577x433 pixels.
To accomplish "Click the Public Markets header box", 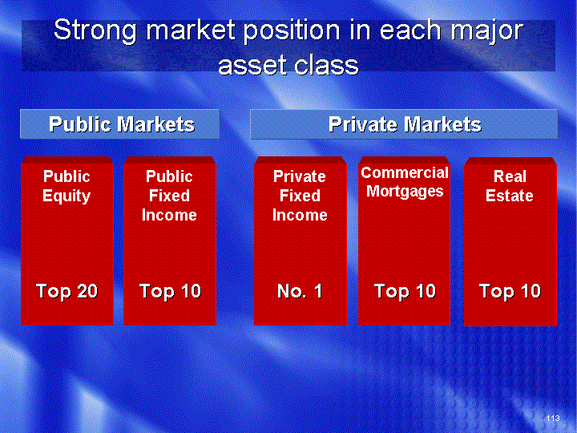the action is coord(120,124).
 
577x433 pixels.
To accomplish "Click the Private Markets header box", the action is coord(404,124).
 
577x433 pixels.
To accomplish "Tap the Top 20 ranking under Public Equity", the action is coord(67,291).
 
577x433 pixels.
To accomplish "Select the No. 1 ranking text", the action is coord(300,291).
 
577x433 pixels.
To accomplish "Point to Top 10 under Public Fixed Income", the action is coord(170,291).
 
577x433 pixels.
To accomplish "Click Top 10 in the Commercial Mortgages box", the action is coord(405,291).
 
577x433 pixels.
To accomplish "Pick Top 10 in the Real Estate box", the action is coord(510,291).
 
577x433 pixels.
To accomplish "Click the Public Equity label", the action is coord(67,186).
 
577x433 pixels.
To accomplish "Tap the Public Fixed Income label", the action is coord(169,196).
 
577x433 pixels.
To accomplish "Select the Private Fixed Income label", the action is coord(300,196).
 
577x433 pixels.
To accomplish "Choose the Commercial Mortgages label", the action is coord(405,182).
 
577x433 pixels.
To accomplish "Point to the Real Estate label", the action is coord(510,186).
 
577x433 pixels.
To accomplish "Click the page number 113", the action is coord(553,418).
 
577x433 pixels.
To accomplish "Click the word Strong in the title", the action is coord(95,31).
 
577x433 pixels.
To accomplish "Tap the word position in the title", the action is coord(292,31).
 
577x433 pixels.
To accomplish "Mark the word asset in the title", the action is coord(252,66).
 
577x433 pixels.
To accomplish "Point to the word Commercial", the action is coord(405,172).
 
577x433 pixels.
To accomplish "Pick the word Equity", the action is coord(67,196).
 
